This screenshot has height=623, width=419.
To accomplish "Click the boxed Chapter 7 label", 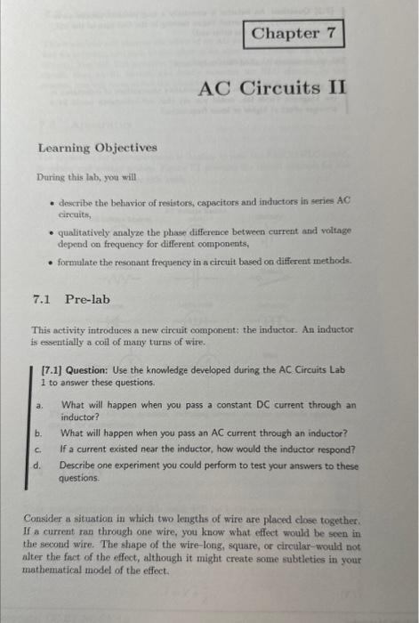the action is tap(293, 34).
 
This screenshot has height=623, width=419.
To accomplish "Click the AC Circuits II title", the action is tap(271, 89).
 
